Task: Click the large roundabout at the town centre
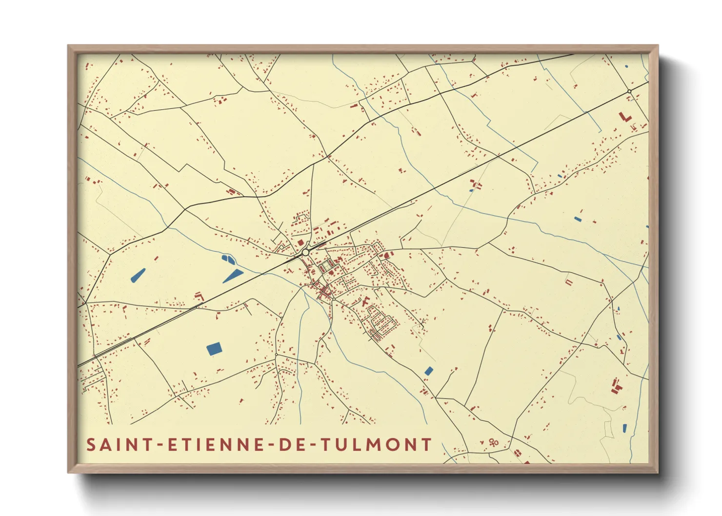click(305, 252)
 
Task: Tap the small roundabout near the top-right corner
click(629, 91)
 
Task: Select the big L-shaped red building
click(624, 118)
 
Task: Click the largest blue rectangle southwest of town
click(214, 349)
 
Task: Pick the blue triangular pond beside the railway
click(233, 276)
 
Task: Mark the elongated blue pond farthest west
click(138, 276)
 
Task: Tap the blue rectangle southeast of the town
click(429, 371)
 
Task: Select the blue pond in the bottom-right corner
click(624, 428)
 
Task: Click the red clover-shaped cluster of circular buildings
click(493, 442)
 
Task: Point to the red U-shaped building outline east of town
click(568, 282)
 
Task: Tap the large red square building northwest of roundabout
click(301, 242)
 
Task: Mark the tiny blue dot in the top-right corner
click(626, 66)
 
